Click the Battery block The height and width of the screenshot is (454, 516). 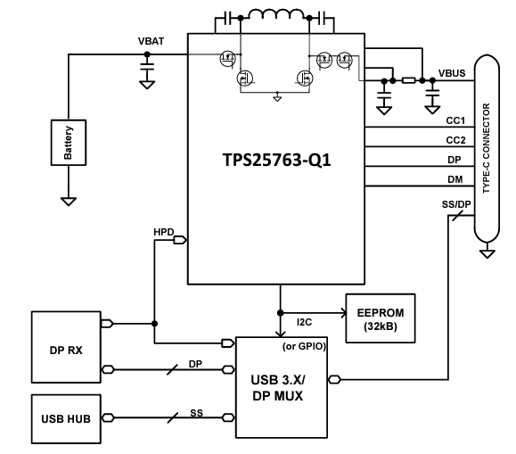(x=69, y=142)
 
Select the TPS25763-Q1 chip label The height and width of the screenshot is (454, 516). (x=280, y=163)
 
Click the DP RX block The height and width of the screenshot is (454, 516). (x=67, y=350)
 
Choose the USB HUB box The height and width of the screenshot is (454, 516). (x=67, y=417)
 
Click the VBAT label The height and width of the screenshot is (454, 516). (x=149, y=43)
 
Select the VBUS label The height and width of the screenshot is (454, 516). (x=451, y=73)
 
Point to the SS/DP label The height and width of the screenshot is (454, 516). (x=451, y=205)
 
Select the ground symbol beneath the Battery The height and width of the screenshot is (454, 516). (x=69, y=201)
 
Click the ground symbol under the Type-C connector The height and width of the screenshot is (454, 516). (x=486, y=253)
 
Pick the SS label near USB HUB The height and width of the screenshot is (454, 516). (x=196, y=413)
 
